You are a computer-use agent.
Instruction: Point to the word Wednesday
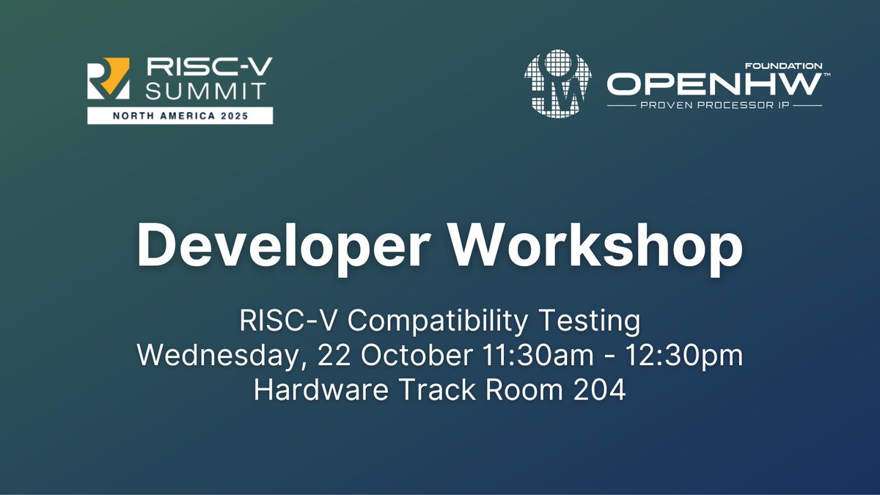tap(224, 356)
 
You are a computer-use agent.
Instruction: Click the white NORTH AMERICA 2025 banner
tap(180, 115)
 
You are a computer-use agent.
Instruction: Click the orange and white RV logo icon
tap(109, 78)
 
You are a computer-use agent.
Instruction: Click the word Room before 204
tap(516, 389)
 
